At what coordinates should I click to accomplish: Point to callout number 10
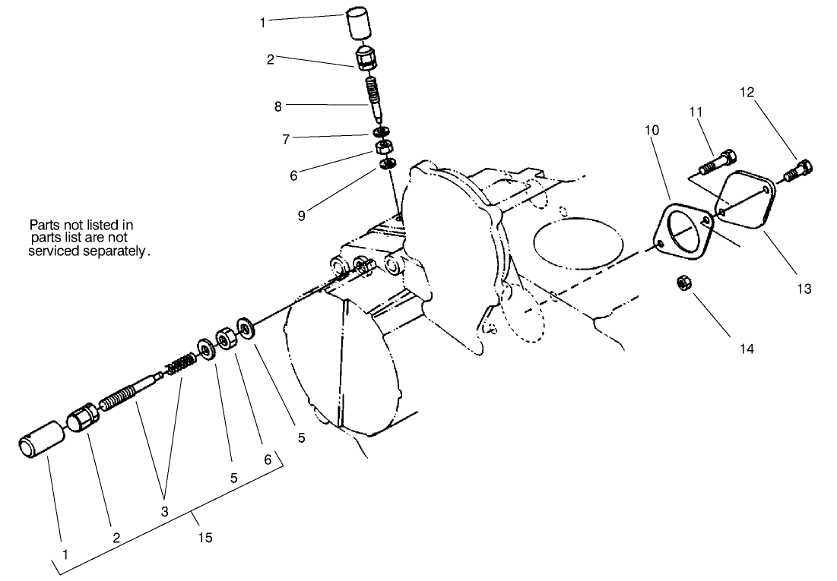click(652, 130)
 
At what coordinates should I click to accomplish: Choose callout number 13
click(804, 289)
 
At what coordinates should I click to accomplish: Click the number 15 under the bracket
click(204, 538)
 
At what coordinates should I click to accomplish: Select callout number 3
click(164, 511)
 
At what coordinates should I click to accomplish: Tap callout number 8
click(278, 107)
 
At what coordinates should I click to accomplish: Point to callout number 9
click(302, 216)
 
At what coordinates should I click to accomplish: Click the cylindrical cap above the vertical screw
click(362, 24)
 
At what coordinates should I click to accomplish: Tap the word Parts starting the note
click(43, 225)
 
